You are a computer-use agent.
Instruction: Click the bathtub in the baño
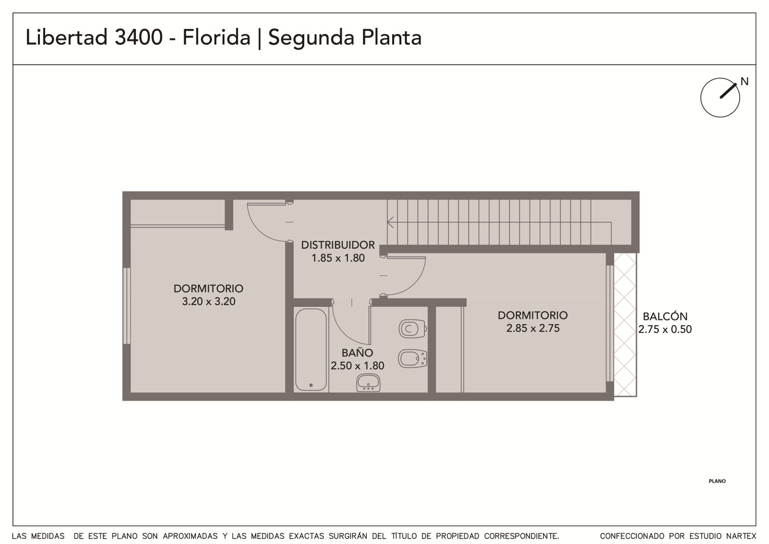coord(310,350)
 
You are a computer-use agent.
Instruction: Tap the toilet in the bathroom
coord(412,329)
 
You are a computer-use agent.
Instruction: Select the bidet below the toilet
coord(412,359)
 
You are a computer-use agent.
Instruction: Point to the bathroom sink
coord(368,382)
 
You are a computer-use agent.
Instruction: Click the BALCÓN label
coord(665,316)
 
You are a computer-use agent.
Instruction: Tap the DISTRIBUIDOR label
coord(338,245)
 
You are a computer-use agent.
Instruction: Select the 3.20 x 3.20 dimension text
coord(209,302)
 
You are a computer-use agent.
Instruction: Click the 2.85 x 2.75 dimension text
coord(533,328)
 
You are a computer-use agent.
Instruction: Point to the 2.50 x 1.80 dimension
coord(358,366)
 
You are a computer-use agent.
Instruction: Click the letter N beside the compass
coord(744,82)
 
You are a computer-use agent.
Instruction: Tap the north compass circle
coord(720,98)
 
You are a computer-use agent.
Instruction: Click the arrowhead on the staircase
coord(390,222)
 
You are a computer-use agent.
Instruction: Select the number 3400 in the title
coord(138,37)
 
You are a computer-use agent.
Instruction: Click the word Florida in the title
coord(216,37)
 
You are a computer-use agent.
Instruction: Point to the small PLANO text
coord(717,481)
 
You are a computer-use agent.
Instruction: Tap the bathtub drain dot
coord(310,385)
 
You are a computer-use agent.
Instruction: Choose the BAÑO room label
coord(357,353)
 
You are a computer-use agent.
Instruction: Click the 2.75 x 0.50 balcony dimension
coord(665,329)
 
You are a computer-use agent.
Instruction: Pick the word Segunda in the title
coord(311,38)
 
